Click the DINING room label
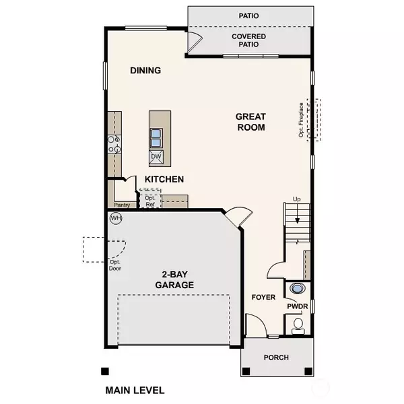[x=145, y=71]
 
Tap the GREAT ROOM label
[x=250, y=122]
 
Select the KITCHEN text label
[x=164, y=179]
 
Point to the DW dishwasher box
[x=156, y=157]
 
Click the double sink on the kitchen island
[x=156, y=137]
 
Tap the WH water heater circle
[x=115, y=218]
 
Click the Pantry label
[x=121, y=205]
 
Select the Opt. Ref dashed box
[x=150, y=200]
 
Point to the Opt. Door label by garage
[x=116, y=265]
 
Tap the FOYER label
[x=264, y=297]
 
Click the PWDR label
[x=296, y=306]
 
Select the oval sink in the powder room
[x=296, y=289]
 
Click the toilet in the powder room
[x=298, y=326]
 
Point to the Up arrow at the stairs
[x=296, y=199]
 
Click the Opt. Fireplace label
[x=302, y=120]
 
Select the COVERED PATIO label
[x=248, y=40]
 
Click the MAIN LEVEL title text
[x=135, y=390]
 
